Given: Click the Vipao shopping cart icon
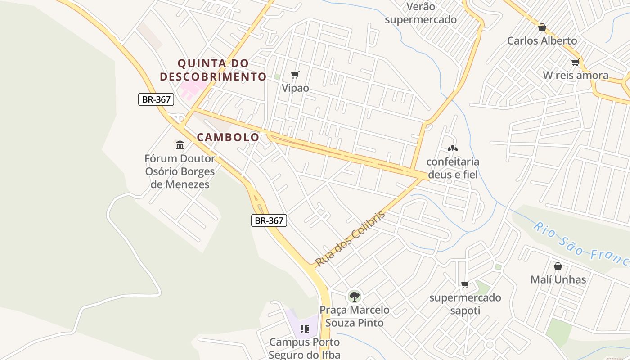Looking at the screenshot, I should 295,75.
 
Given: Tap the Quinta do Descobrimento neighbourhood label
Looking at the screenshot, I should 213,70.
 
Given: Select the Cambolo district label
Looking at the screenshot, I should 228,137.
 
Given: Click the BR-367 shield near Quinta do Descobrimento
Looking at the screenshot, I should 156,99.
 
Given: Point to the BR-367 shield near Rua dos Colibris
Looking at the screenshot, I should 269,220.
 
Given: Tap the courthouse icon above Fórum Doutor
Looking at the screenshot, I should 180,145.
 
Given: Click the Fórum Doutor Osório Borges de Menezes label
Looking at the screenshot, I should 180,171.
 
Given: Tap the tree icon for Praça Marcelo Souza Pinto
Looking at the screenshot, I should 355,296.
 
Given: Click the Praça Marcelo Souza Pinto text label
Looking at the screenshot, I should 355,316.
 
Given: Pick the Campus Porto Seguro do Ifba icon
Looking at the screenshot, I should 304,329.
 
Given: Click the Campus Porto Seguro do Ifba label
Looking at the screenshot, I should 304,348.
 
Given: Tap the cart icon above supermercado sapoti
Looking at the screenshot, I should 465,284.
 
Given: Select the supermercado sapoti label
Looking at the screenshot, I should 465,304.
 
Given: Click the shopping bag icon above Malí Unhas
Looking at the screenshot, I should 558,266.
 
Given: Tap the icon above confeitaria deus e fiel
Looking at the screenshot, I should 453,148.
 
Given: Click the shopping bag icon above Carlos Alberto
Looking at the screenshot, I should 542,27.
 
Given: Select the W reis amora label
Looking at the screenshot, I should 576,75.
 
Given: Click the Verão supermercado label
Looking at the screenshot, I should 421,13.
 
